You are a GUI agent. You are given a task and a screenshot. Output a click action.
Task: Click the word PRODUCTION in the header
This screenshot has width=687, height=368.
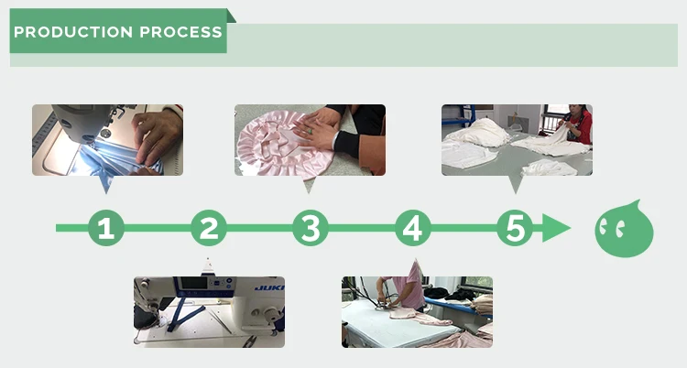tap(73, 32)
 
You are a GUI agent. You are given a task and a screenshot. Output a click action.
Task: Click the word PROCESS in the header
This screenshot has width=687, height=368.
tap(181, 32)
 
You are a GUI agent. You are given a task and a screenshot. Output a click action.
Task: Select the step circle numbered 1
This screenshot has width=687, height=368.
tap(106, 228)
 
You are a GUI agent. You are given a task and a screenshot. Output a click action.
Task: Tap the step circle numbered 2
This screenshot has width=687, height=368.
tap(209, 228)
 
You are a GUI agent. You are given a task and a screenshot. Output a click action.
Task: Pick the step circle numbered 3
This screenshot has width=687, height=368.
tap(311, 228)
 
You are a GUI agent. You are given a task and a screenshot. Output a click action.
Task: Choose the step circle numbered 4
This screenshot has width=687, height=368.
tap(413, 228)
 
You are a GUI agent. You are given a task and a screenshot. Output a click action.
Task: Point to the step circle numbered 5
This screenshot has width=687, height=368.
tap(515, 228)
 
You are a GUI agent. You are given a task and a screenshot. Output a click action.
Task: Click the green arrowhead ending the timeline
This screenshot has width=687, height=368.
tap(556, 228)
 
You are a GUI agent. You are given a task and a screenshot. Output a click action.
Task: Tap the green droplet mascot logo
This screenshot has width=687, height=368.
tap(624, 229)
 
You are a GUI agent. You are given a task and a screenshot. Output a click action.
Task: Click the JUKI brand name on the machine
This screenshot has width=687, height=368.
tap(269, 287)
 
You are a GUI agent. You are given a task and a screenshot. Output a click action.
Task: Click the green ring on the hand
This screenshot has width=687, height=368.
tap(310, 131)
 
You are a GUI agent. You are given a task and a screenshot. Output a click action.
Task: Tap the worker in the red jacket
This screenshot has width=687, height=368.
tap(577, 124)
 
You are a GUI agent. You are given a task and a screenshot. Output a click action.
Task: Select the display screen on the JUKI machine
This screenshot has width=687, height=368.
tap(193, 283)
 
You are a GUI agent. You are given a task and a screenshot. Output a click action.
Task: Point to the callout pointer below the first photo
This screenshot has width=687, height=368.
tap(105, 184)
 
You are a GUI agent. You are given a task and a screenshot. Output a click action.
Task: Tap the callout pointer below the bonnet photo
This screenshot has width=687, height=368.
tap(309, 184)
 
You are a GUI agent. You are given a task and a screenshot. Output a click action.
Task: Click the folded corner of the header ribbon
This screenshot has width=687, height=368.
tap(231, 16)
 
